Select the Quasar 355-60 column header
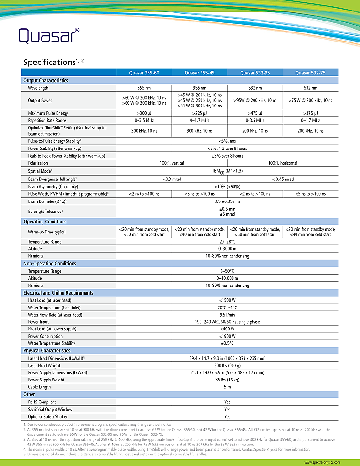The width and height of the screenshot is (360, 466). tap(144, 73)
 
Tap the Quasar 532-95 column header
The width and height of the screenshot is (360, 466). tap(254, 73)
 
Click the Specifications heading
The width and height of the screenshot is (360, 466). tap(53, 62)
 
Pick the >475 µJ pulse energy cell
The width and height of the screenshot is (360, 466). tap(255, 113)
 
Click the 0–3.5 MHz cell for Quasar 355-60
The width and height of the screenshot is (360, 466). tap(144, 121)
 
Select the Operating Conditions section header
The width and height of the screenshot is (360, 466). tap(45, 222)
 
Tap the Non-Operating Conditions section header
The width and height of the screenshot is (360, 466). tap(50, 264)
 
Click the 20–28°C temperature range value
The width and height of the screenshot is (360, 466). tap(227, 242)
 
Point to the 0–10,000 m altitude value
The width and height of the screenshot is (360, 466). tap(227, 278)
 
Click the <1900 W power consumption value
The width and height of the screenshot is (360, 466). tap(227, 336)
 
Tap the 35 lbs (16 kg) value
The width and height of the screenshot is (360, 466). tap(227, 380)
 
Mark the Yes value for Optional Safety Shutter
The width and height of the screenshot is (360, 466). tap(227, 417)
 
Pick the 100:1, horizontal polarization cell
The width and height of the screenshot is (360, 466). tap(283, 163)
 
